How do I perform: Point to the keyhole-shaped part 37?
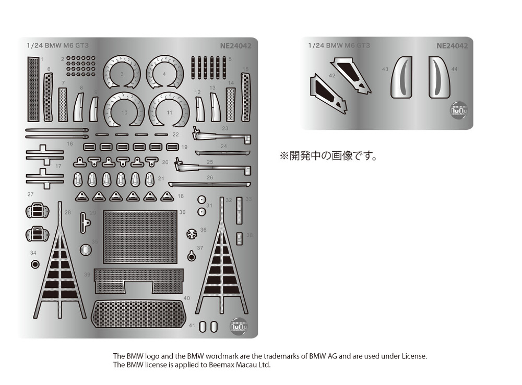pos(193,256)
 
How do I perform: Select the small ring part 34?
pos(34,264)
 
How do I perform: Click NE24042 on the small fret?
pos(452,45)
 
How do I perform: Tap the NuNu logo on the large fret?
pos(239,326)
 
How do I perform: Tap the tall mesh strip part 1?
pos(33,89)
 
